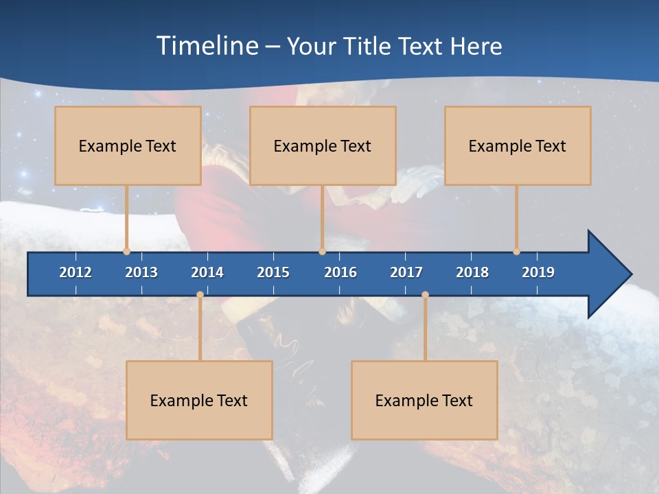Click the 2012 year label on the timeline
click(76, 272)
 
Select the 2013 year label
click(141, 272)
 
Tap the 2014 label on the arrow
click(207, 272)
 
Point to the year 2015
click(273, 272)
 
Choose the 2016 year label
click(340, 272)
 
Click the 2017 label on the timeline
click(406, 272)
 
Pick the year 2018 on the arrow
click(472, 272)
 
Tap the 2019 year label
click(538, 272)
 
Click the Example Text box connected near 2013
click(128, 145)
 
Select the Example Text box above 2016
click(323, 145)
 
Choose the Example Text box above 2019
click(518, 145)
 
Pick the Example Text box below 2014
click(199, 400)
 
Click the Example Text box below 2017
click(424, 400)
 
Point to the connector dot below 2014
click(200, 295)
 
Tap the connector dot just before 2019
click(516, 252)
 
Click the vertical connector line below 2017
click(425, 329)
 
